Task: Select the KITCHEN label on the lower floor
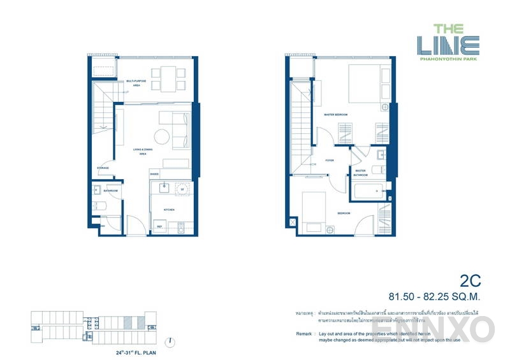[168, 210]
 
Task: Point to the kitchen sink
[163, 188]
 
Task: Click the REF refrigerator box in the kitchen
[159, 226]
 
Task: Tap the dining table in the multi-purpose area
[169, 78]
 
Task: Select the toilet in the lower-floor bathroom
[96, 205]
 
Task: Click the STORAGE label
[103, 168]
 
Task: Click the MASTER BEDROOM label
[335, 115]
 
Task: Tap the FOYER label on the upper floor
[330, 161]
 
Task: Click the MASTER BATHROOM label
[360, 173]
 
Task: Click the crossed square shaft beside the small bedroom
[292, 222]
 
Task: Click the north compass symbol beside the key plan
[171, 341]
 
